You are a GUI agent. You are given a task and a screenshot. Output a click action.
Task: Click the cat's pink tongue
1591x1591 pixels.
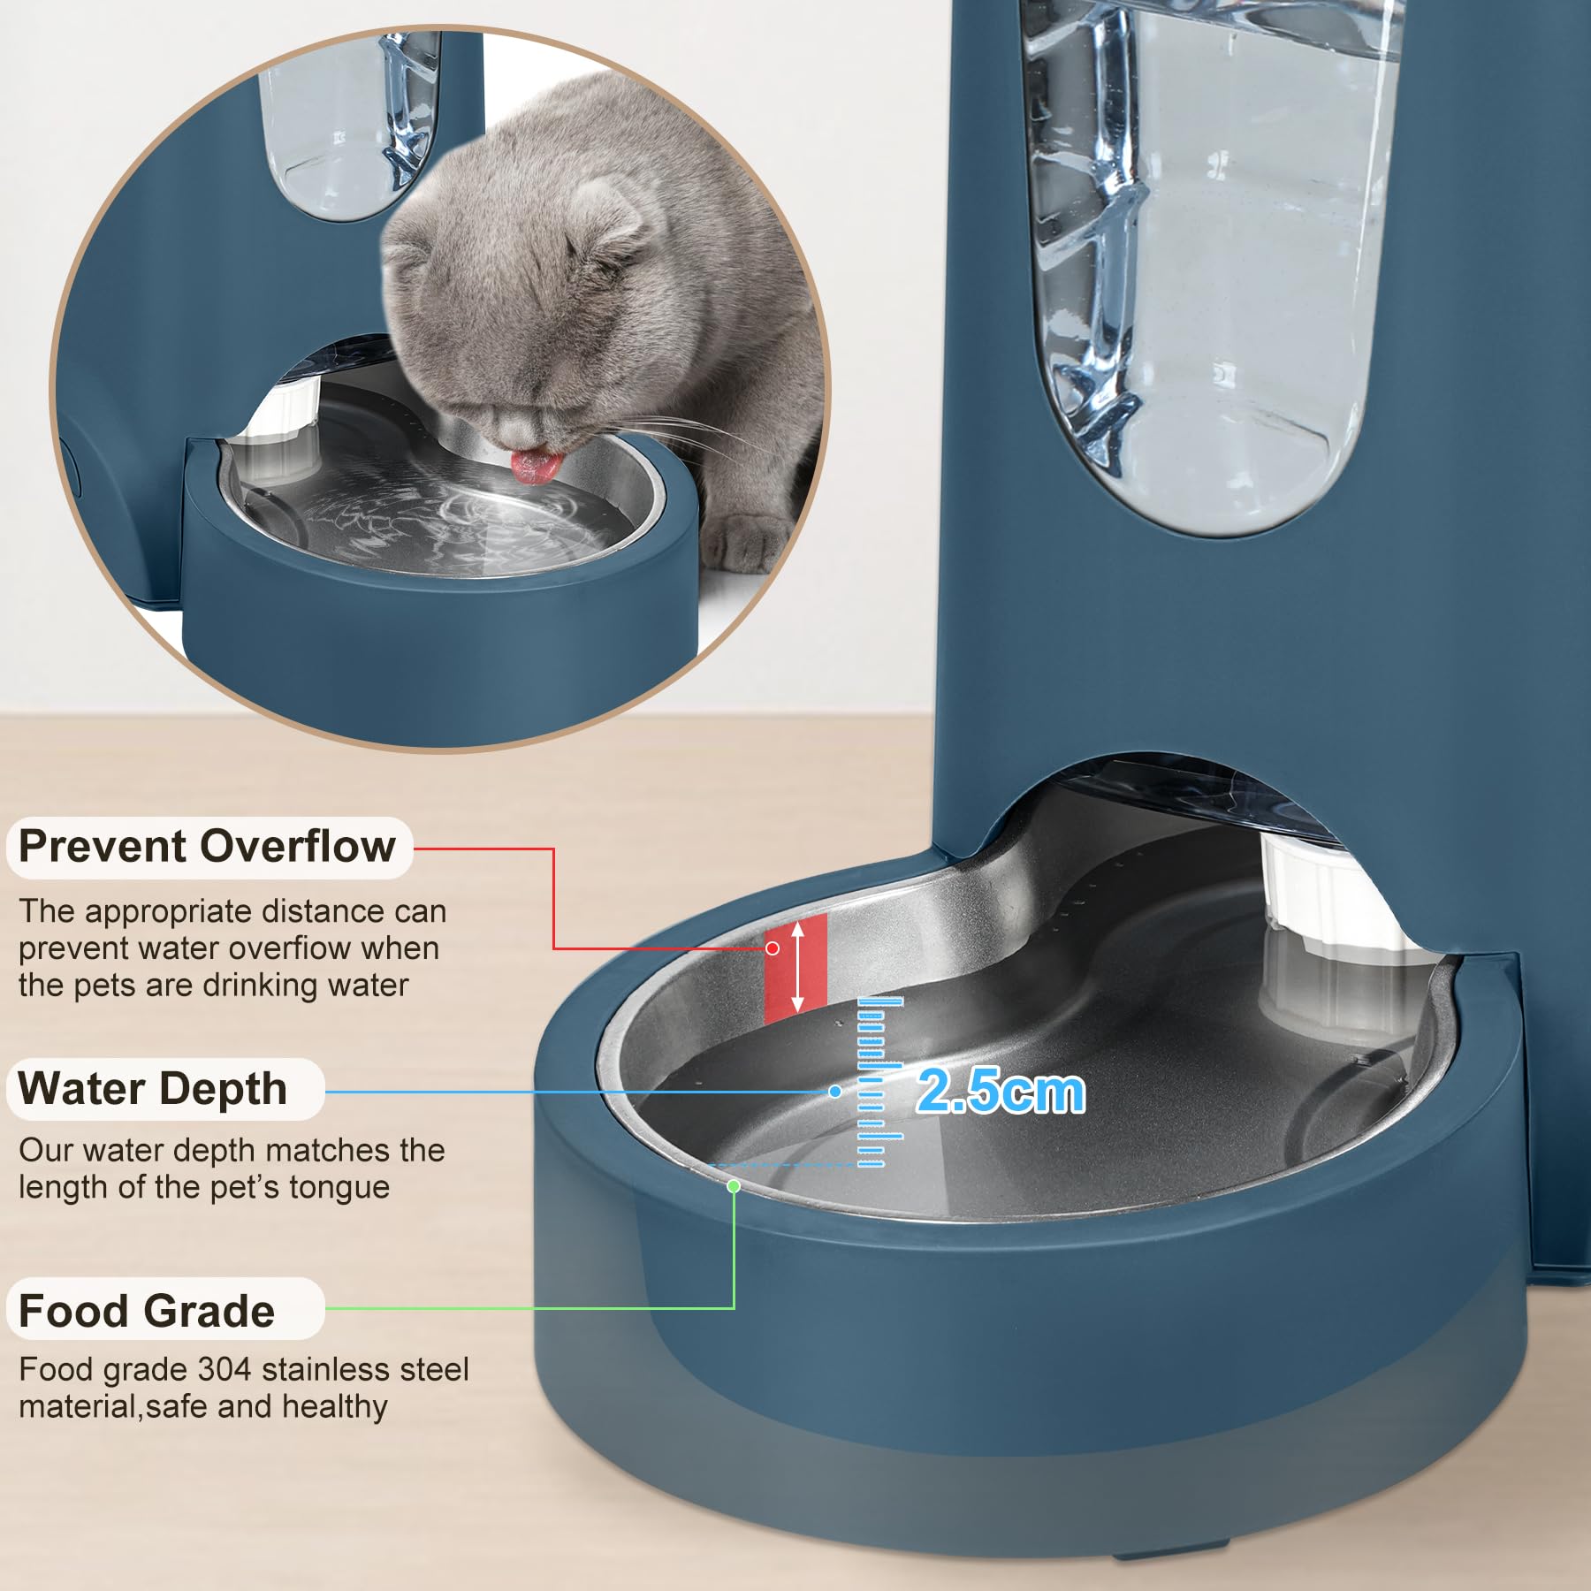(x=534, y=466)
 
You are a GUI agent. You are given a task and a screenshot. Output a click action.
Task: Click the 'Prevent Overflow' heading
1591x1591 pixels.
(x=207, y=847)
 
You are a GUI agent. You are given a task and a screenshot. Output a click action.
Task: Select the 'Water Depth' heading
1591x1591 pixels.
(x=153, y=1089)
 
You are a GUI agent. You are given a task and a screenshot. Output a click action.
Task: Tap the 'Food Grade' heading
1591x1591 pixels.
(x=147, y=1311)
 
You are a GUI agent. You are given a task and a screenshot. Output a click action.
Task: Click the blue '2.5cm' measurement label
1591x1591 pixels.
(x=1001, y=1092)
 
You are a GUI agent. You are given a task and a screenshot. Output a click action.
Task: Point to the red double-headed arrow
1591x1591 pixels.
(x=797, y=966)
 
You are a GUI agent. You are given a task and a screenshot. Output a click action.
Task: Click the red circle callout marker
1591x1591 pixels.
(x=773, y=948)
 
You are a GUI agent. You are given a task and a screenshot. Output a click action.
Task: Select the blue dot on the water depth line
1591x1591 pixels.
(x=835, y=1092)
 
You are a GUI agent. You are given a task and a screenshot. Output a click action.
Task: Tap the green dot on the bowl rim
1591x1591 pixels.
(x=734, y=1186)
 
